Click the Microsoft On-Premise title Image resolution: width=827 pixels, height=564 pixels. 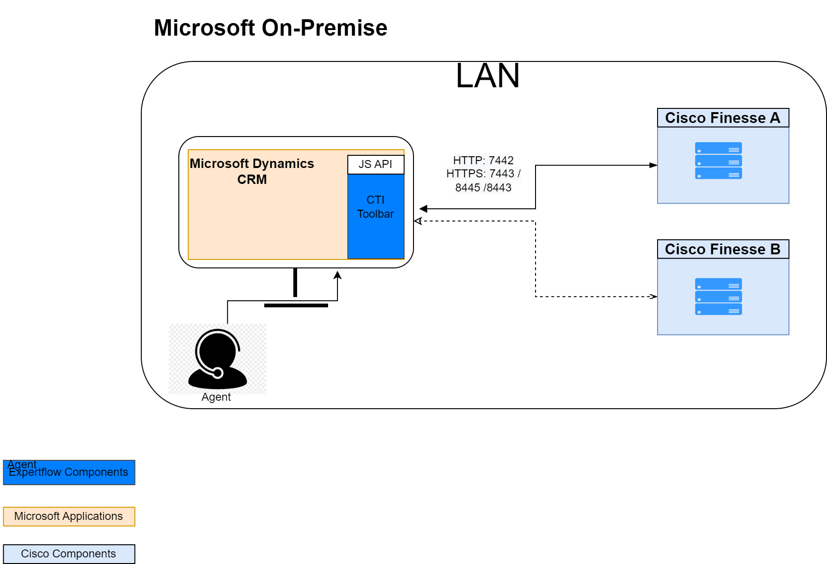(x=270, y=28)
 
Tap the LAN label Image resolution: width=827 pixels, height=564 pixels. (x=487, y=76)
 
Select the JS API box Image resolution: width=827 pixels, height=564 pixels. (x=375, y=164)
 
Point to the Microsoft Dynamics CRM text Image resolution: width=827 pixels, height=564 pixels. (x=252, y=171)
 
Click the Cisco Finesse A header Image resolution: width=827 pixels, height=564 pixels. (x=723, y=118)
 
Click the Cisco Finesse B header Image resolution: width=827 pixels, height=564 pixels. (x=723, y=249)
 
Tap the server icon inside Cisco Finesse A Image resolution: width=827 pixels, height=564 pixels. (x=718, y=160)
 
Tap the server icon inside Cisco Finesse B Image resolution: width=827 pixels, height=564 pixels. (x=718, y=297)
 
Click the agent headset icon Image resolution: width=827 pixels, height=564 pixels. (x=217, y=359)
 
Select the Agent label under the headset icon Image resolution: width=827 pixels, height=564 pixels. (x=216, y=397)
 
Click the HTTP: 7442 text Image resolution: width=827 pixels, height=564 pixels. (x=483, y=160)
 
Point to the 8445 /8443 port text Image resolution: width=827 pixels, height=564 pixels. (x=483, y=188)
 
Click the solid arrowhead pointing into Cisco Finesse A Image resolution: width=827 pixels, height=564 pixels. (x=653, y=165)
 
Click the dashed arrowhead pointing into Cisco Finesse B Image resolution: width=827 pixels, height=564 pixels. (x=653, y=297)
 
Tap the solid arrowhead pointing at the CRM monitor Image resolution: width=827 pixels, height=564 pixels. (x=423, y=209)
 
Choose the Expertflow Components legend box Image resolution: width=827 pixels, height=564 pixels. (x=69, y=473)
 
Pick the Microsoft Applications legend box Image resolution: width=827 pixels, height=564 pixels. (x=69, y=517)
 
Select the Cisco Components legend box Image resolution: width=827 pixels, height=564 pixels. (x=69, y=554)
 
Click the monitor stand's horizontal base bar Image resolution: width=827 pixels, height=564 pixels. (x=296, y=305)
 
